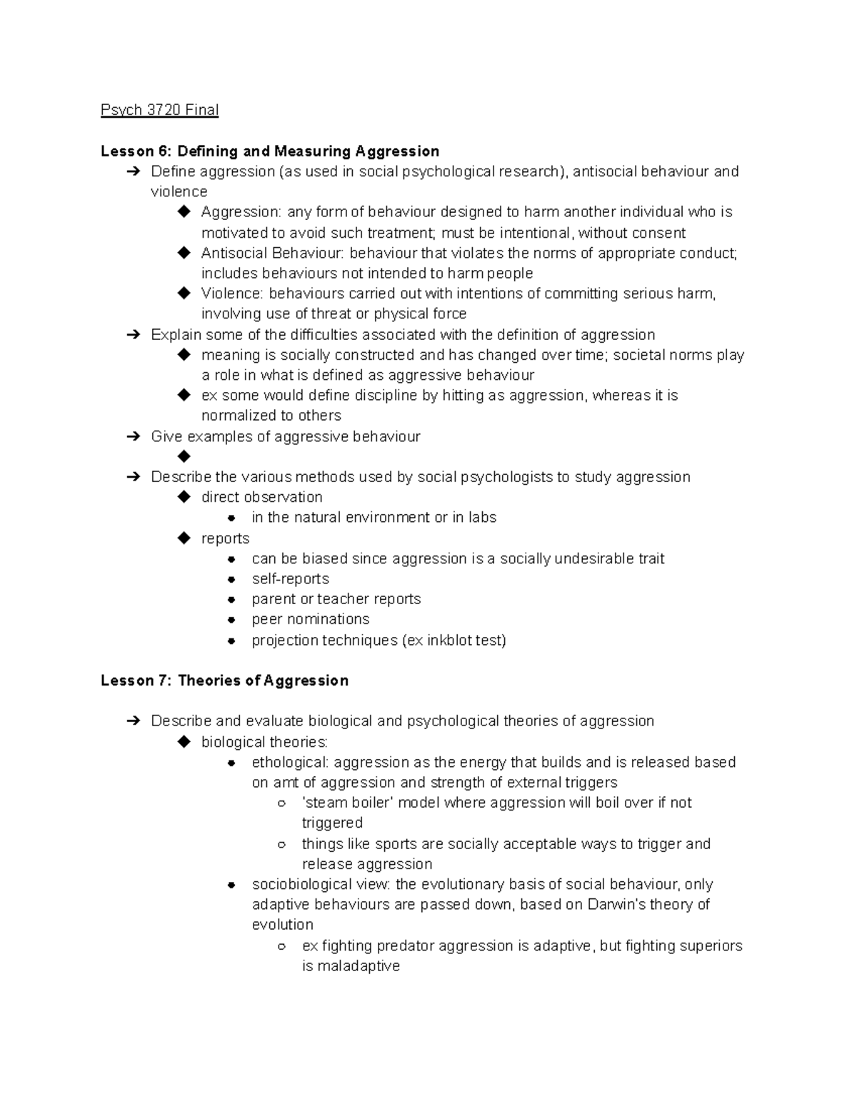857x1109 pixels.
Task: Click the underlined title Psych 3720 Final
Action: [159, 110]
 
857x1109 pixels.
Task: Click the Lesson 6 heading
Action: [269, 151]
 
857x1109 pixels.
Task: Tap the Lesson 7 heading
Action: [224, 681]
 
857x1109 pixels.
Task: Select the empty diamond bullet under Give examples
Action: [184, 456]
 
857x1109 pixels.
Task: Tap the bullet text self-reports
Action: [290, 579]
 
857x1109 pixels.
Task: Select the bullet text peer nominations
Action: [311, 619]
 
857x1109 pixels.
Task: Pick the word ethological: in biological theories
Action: [290, 762]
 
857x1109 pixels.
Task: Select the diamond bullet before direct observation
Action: [184, 496]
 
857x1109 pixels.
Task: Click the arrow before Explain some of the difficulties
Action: [133, 335]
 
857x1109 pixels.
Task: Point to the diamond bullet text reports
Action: [225, 538]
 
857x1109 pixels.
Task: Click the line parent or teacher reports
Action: [336, 599]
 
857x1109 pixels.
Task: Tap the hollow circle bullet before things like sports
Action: [281, 844]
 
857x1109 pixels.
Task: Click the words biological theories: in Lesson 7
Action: [264, 742]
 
